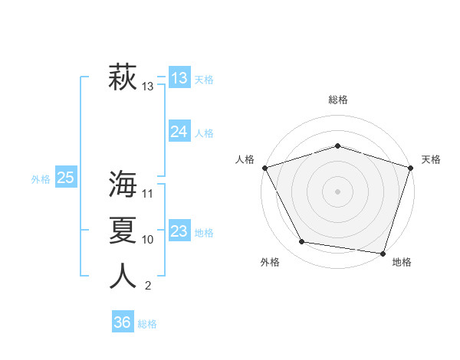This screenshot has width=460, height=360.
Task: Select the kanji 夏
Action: [123, 230]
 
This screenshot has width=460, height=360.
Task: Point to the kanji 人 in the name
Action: [123, 276]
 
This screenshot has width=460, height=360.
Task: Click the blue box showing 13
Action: [179, 78]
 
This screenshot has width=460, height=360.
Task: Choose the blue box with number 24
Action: [179, 132]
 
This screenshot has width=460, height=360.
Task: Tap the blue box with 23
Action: [179, 231]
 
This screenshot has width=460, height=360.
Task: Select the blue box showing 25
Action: [66, 178]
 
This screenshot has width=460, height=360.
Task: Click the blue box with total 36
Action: [123, 322]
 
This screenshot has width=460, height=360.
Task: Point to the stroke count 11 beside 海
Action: [148, 193]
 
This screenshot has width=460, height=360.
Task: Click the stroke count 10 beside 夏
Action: [148, 240]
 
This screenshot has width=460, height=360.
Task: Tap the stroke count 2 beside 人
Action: [148, 286]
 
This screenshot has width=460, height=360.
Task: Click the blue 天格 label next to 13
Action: [204, 80]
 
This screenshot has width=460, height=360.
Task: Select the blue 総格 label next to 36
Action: [147, 324]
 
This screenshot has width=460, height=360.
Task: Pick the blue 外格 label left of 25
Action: [41, 180]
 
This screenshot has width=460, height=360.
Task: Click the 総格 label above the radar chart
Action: [338, 100]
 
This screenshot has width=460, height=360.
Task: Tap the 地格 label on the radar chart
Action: [402, 262]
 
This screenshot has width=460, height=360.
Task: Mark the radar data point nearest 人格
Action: [264, 167]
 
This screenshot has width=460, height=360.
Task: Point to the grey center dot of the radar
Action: [337, 191]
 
